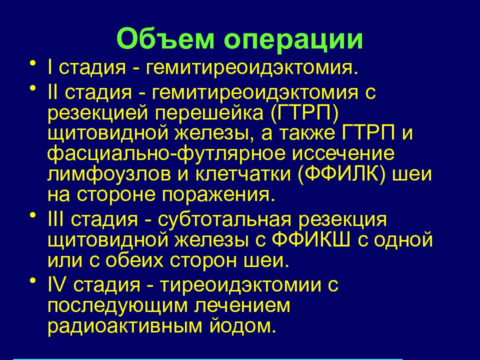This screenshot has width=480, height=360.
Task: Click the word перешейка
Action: [x=210, y=113]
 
